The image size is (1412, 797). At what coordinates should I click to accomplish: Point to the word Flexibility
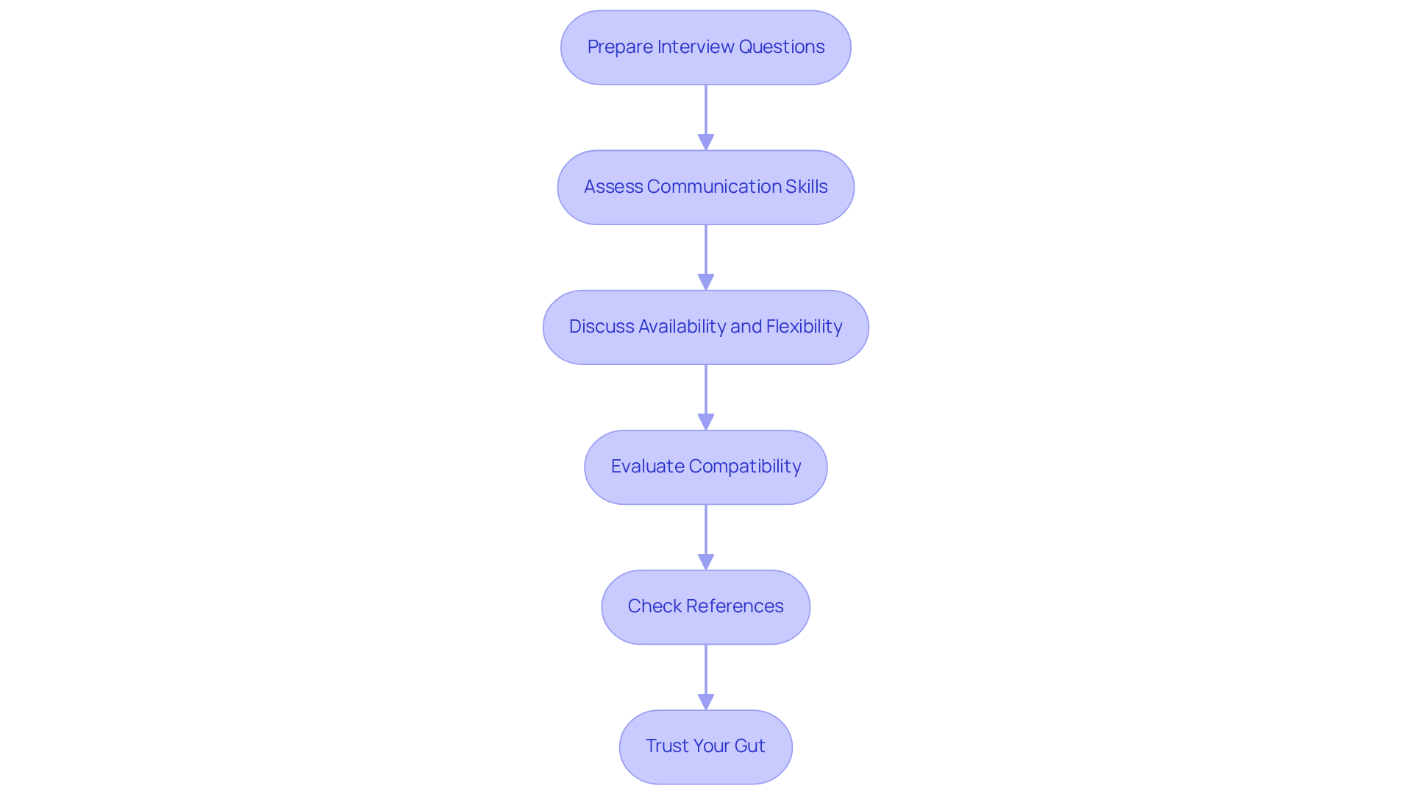(x=804, y=327)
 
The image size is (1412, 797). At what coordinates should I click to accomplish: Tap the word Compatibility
(x=744, y=467)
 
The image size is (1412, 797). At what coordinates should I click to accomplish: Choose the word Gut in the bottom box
(x=749, y=746)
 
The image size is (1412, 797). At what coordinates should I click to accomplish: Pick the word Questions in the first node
(x=781, y=47)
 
